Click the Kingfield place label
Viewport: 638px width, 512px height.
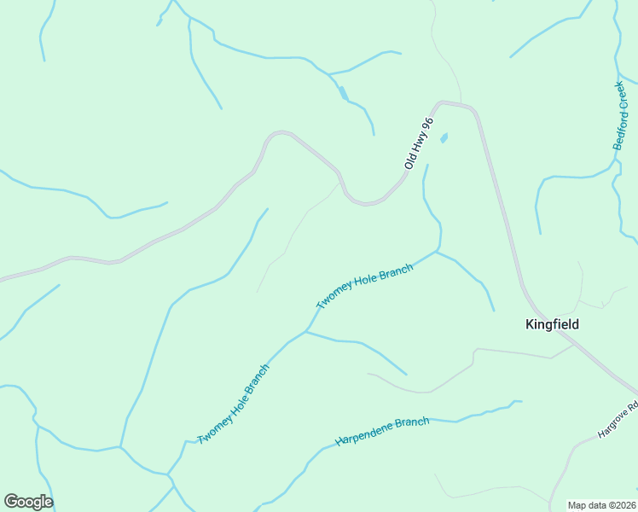pyautogui.click(x=551, y=324)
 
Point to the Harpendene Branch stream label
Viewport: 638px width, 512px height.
pyautogui.click(x=382, y=431)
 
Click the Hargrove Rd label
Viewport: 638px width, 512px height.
pyautogui.click(x=618, y=421)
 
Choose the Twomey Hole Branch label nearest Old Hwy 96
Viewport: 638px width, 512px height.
pyautogui.click(x=364, y=287)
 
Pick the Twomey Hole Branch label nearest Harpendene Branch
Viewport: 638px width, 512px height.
pyautogui.click(x=234, y=404)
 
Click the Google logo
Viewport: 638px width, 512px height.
pyautogui.click(x=28, y=502)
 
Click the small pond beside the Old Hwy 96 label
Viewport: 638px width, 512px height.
pyautogui.click(x=443, y=137)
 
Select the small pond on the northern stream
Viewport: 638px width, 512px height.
pyautogui.click(x=343, y=93)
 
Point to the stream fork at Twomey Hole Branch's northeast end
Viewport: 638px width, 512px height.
pyautogui.click(x=437, y=252)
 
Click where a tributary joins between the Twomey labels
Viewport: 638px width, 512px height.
pyautogui.click(x=306, y=331)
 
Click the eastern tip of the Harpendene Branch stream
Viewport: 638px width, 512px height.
pyautogui.click(x=521, y=401)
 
